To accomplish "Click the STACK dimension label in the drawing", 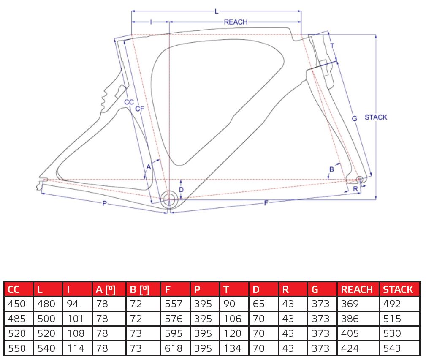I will coord(375,117).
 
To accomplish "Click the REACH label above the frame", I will coord(236,22).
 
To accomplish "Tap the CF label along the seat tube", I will coord(140,109).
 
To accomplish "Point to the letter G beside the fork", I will coord(355,119).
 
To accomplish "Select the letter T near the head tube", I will coord(332,46).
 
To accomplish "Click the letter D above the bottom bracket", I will coord(181,190).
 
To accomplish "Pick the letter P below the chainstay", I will coord(104,204).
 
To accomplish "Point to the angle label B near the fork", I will coord(331,169).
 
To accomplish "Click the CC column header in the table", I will coord(14,289).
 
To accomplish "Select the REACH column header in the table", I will coord(357,289).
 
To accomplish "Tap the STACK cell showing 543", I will coord(392,348).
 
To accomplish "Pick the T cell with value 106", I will coord(232,319).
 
